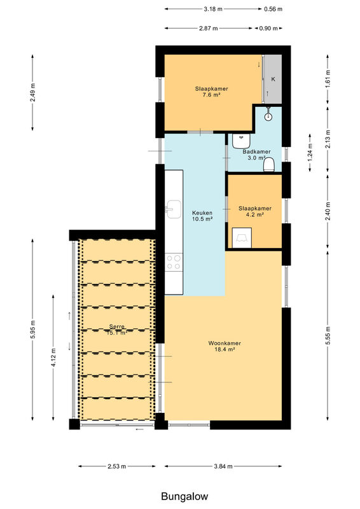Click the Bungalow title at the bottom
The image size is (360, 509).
tap(184, 496)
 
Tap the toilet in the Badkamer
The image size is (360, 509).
tap(269, 164)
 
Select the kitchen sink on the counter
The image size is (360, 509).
tap(174, 209)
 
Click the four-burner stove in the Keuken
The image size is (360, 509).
tap(174, 262)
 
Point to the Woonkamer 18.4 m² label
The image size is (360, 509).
tap(225, 346)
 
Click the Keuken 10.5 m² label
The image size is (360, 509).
tap(202, 216)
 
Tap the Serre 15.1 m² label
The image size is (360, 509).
tap(117, 330)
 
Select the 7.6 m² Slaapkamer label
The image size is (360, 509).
tap(212, 92)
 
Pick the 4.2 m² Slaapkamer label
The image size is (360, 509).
tap(255, 211)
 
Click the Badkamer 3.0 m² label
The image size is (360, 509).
tap(256, 155)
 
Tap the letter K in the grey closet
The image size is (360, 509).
tap(273, 79)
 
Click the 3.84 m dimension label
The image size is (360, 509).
tap(223, 466)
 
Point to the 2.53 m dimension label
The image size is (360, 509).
tap(117, 466)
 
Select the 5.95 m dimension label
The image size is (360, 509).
tap(33, 330)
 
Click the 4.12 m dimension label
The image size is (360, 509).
tap(53, 358)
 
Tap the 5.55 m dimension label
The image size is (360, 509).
tap(328, 337)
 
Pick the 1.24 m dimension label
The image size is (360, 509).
tap(310, 153)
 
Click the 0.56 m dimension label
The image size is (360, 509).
tap(273, 9)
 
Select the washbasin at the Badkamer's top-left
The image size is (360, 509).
tap(241, 141)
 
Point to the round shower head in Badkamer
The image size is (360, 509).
tap(268, 116)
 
